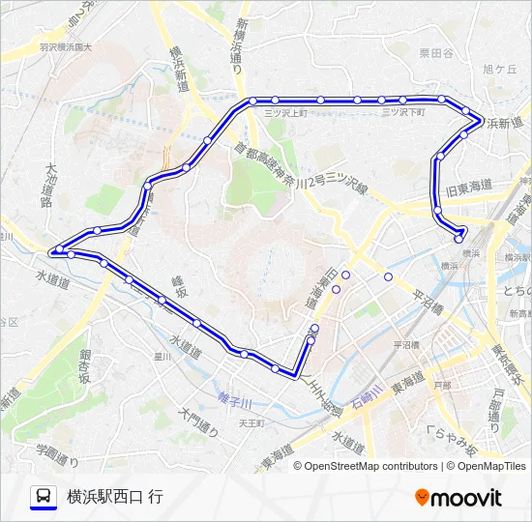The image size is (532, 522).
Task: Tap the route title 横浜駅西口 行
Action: point(115,497)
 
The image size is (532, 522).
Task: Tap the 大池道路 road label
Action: point(50,185)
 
